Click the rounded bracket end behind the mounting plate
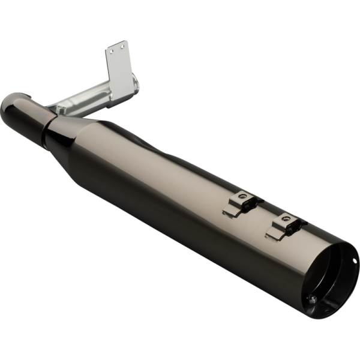136,84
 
